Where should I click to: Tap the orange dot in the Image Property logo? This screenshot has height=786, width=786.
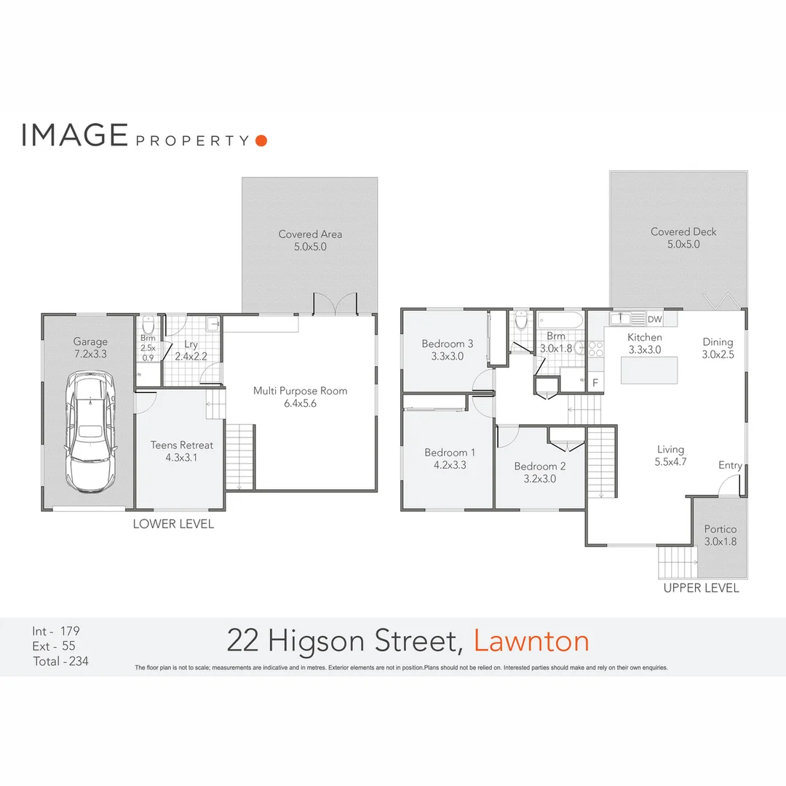point(261,140)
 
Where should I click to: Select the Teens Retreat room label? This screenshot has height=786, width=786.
point(181,445)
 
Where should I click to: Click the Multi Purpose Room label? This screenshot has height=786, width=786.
point(300,391)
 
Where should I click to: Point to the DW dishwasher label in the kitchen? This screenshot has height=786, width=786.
point(654,319)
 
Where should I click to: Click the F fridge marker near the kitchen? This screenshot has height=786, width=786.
point(595,382)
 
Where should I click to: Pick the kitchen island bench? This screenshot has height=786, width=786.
point(648,370)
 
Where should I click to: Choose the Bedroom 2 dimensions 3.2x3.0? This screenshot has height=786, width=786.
point(540,479)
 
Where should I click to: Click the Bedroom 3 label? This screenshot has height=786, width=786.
point(448,344)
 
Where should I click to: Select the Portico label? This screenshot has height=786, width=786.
point(720,530)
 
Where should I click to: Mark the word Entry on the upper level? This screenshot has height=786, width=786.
point(730,466)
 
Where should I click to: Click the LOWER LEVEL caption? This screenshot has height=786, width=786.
point(173,524)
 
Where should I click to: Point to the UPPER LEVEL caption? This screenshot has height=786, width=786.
point(701,588)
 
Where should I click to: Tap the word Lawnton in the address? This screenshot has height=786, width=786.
point(531,641)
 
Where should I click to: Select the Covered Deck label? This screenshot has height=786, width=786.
point(683,231)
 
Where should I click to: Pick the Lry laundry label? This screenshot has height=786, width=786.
point(191,344)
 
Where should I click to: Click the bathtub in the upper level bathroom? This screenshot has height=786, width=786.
point(558,319)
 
